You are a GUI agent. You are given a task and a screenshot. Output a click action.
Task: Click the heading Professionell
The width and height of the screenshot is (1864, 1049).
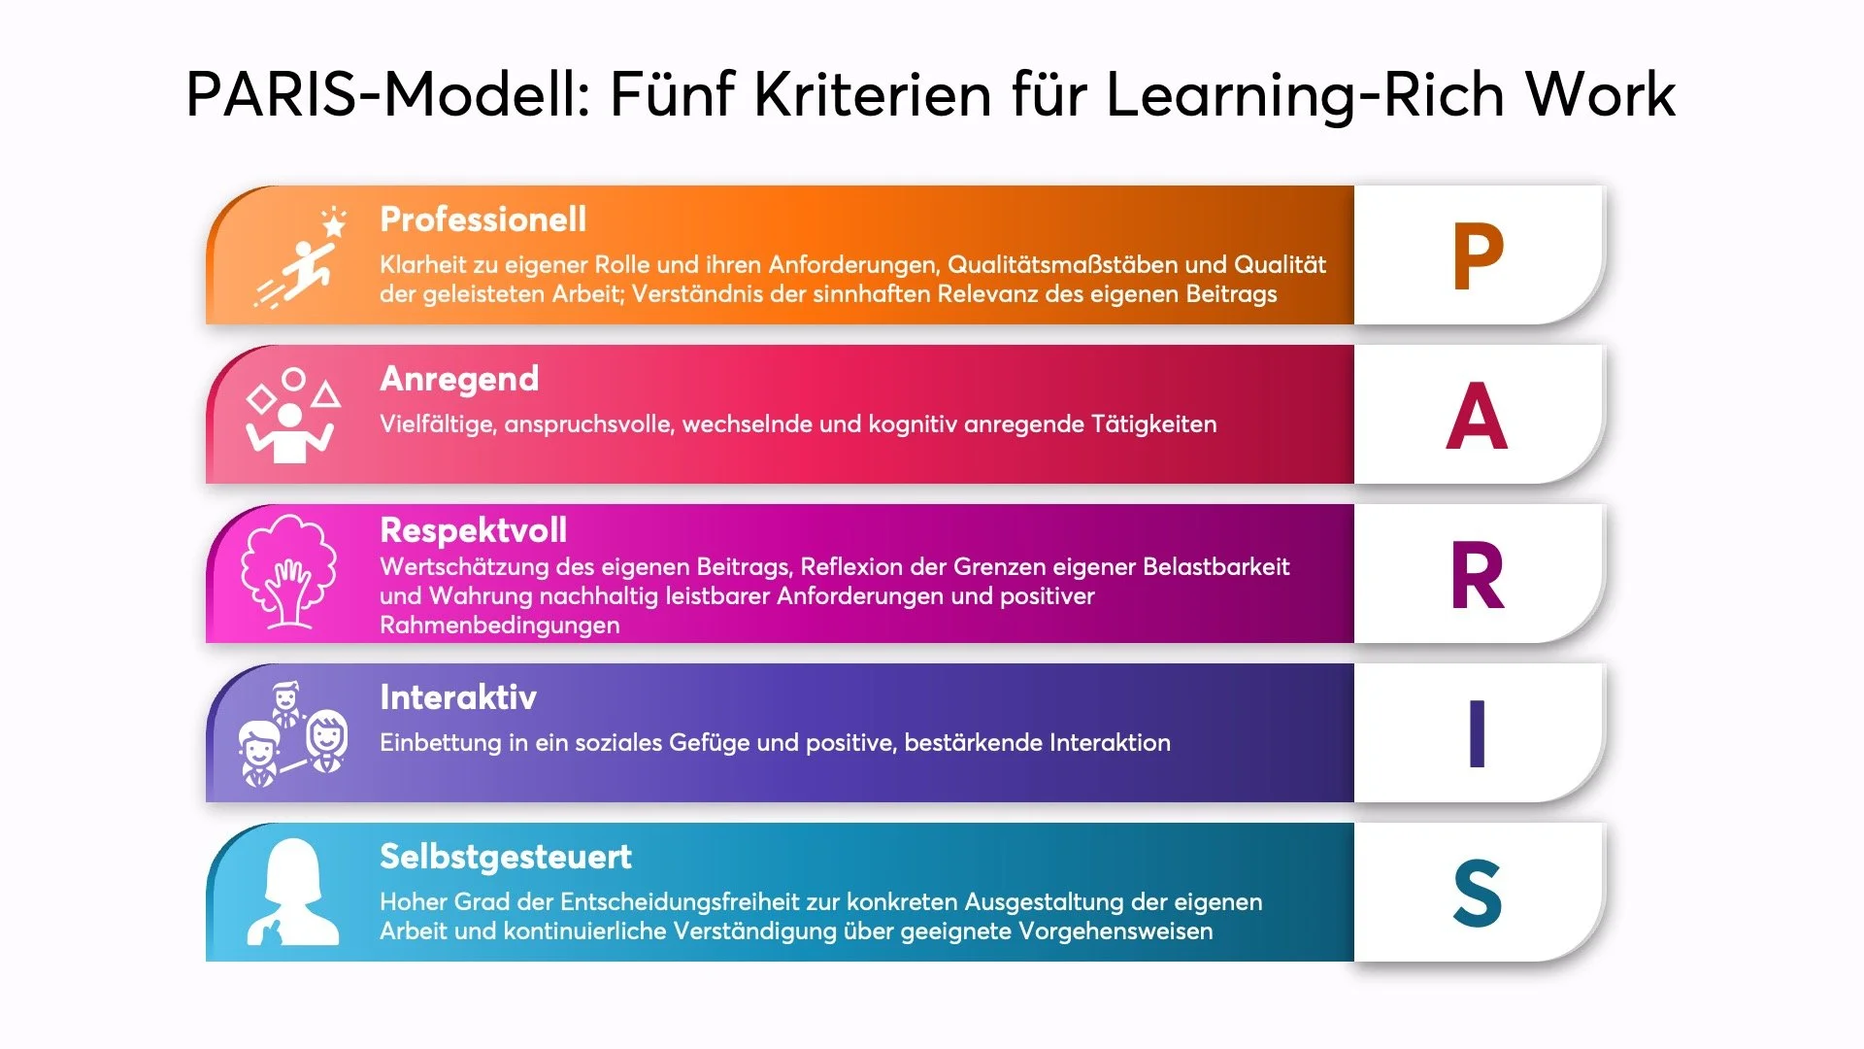pyautogui.click(x=483, y=220)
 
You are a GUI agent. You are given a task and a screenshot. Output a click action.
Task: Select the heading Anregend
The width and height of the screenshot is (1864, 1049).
pyautogui.click(x=459, y=379)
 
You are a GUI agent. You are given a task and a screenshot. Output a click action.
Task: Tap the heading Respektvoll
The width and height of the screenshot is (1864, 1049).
pyautogui.click(x=473, y=530)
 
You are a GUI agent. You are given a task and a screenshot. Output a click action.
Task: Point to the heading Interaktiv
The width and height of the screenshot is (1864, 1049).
pyautogui.click(x=457, y=697)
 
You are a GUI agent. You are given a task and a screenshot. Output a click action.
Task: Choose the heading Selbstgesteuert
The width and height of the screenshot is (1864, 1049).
pyautogui.click(x=505, y=857)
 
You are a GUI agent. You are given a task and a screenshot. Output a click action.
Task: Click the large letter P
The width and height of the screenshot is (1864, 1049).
pyautogui.click(x=1478, y=256)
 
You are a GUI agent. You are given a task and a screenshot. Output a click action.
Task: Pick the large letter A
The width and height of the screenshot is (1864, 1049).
pyautogui.click(x=1477, y=416)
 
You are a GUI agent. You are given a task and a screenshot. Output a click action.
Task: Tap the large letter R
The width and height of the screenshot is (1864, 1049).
pyautogui.click(x=1478, y=576)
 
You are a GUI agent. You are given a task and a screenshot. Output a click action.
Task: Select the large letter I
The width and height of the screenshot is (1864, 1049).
pyautogui.click(x=1477, y=734)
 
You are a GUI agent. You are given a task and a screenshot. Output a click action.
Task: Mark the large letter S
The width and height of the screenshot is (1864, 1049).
pyautogui.click(x=1477, y=894)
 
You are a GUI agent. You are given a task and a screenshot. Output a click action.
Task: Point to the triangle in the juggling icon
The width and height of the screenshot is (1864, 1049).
pyautogui.click(x=326, y=394)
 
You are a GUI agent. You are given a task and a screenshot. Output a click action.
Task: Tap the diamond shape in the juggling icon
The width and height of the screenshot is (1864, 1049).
pyautogui.click(x=260, y=398)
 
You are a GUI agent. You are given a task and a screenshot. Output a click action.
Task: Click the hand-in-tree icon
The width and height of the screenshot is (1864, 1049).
pyautogui.click(x=288, y=573)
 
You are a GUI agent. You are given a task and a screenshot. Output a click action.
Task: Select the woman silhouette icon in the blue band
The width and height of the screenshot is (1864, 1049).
pyautogui.click(x=292, y=894)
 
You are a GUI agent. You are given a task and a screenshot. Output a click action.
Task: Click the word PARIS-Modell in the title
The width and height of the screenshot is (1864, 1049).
pyautogui.click(x=388, y=95)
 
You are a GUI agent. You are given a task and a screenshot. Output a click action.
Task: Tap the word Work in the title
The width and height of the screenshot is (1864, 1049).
pyautogui.click(x=1600, y=95)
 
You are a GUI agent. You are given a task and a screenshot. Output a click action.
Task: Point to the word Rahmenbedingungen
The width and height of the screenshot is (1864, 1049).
pyautogui.click(x=499, y=626)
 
